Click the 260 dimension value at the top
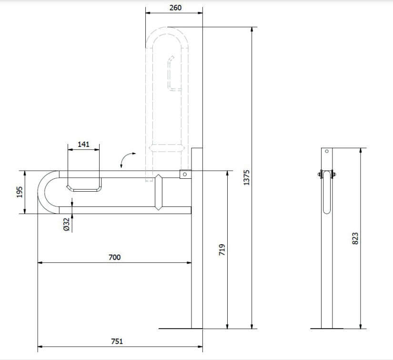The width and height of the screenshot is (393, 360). pos(175,8)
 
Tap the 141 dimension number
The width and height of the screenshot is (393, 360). pos(83,144)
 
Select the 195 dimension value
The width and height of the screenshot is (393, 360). pos(20,192)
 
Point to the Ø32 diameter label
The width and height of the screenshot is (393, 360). pos(66,224)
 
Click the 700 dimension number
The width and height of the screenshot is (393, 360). pos(114,257)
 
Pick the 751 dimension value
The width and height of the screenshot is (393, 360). pos(117,341)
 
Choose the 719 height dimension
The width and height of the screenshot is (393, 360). pos(222,250)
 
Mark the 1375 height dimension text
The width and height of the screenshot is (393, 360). pos(247,178)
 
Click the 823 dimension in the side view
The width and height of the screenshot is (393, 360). pos(355,238)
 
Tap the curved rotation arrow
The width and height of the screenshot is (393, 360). pos(125,157)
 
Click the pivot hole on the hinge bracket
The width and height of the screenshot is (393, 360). pos(185,174)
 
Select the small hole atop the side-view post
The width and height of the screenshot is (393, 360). pos(327,151)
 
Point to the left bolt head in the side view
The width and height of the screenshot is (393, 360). pos(320,174)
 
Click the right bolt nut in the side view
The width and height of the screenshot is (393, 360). pos(333,174)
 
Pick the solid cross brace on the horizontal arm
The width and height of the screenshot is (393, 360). pos(159,192)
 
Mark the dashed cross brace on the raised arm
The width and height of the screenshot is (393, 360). pos(167,148)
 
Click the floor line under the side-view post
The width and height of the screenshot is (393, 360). pos(327,329)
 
